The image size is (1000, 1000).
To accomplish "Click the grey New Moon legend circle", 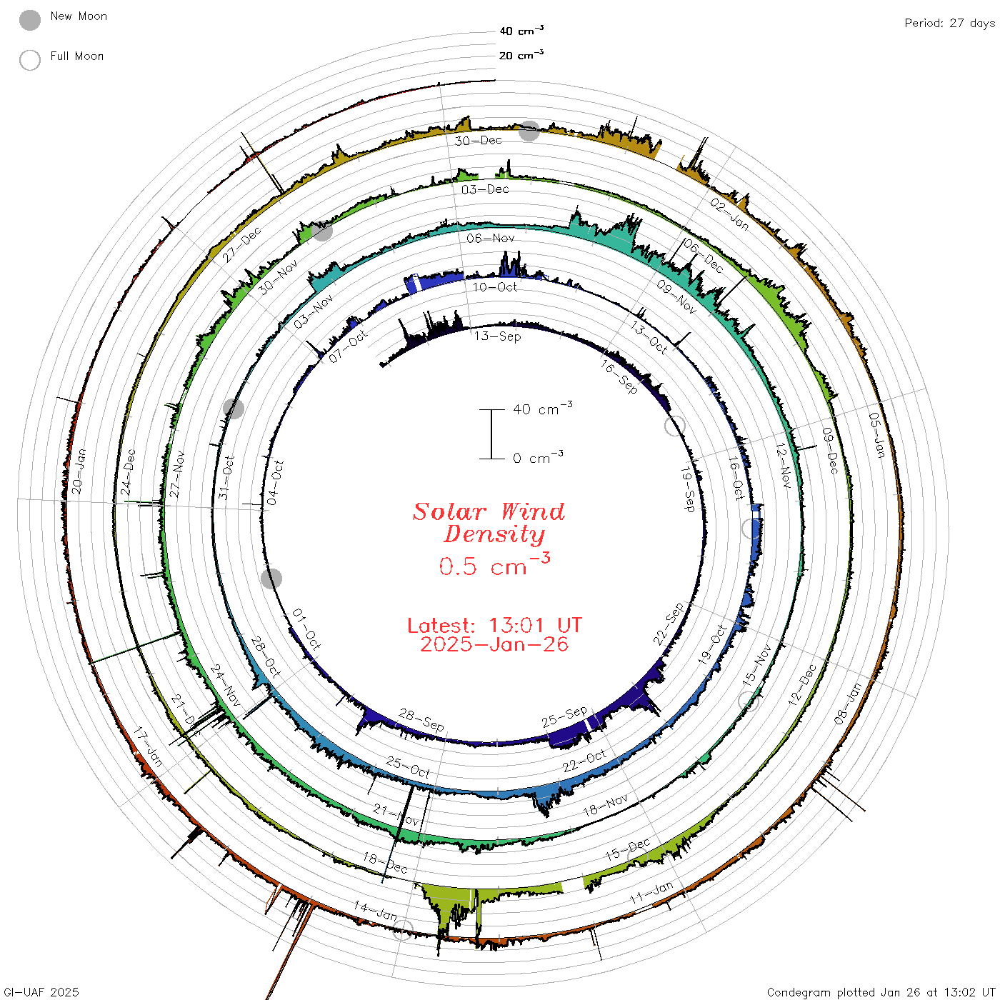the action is point(30,20).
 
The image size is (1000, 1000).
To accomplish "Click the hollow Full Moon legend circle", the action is point(30,60).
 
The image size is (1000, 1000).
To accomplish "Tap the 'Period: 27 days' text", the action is point(950,24).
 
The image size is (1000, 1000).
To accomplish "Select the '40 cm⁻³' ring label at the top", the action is point(521,30).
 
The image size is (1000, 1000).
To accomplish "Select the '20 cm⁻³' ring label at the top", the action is point(521,54).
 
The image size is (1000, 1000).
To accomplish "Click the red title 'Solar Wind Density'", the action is point(489,523).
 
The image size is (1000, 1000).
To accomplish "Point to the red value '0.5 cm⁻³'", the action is point(494,564).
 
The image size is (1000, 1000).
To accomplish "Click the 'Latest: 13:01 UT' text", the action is point(494,625).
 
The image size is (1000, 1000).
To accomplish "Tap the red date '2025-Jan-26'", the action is point(494,644).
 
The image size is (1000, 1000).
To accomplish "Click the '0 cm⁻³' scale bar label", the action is point(538,457).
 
